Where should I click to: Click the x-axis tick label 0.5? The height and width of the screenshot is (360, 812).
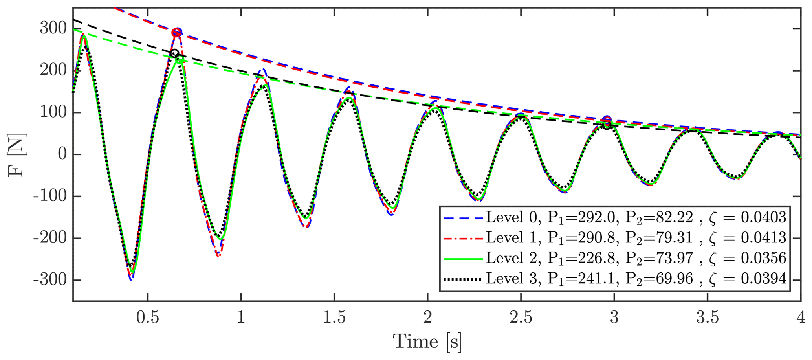[x=148, y=318]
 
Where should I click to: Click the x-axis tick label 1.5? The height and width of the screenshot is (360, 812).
[x=334, y=318]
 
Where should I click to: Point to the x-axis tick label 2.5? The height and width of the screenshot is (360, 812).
[x=521, y=318]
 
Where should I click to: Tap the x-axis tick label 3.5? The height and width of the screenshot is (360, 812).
[x=707, y=318]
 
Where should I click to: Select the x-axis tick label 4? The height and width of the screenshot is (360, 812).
[x=801, y=318]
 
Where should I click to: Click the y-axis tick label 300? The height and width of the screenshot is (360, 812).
[x=53, y=29]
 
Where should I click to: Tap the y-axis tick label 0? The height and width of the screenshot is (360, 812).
[x=62, y=154]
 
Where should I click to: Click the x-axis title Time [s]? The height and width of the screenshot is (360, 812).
[x=427, y=341]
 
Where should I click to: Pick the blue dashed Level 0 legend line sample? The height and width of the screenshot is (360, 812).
[x=463, y=217]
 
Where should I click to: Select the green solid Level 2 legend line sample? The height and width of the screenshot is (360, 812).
[x=463, y=259]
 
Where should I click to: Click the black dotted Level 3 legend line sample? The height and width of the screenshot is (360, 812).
[x=463, y=279]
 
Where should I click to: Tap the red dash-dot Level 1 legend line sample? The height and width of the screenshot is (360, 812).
[x=463, y=238]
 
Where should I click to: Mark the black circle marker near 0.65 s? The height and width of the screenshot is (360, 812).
[x=175, y=53]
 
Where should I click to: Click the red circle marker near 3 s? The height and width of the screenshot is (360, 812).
[x=607, y=120]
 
